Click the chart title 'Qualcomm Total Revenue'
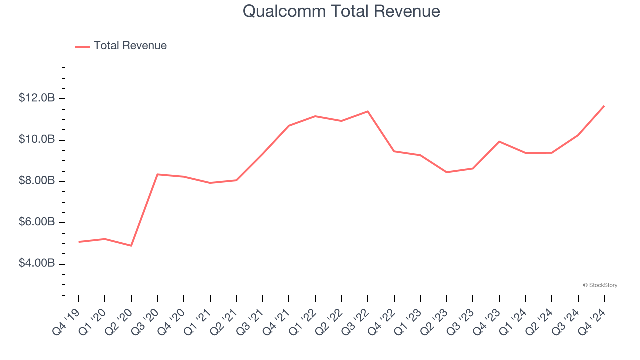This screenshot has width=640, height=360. point(341,11)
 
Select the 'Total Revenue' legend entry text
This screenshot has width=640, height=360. point(130,46)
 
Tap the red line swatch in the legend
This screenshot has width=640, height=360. point(82,46)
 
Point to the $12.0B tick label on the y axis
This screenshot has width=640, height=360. point(37,98)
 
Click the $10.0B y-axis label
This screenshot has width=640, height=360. point(37,139)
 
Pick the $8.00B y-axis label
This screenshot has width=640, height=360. point(37,181)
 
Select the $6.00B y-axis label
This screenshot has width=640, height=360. point(37,222)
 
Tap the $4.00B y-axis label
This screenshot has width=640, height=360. point(37,263)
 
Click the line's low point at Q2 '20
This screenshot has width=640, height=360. point(131,246)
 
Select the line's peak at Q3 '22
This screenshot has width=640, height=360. point(368,111)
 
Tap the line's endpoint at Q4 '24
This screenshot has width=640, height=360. point(604,106)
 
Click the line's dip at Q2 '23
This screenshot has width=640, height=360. point(446,172)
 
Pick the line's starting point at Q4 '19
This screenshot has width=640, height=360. point(79,242)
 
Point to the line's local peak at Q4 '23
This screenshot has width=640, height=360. point(499,141)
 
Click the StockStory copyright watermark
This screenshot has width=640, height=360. point(600,285)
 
